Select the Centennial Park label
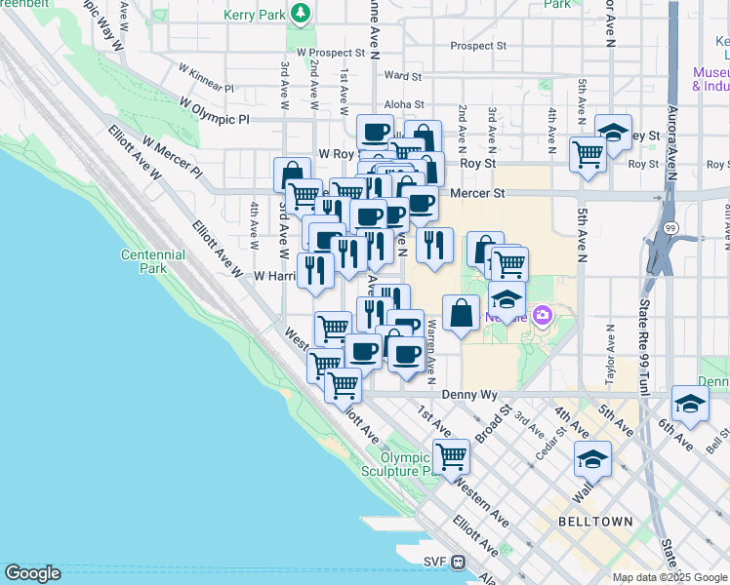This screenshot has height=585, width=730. (152, 261)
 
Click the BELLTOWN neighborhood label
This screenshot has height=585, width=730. (595, 522)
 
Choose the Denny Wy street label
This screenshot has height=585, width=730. (469, 395)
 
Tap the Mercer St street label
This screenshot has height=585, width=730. (477, 194)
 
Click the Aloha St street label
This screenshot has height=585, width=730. (404, 104)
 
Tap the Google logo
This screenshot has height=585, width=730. (32, 573)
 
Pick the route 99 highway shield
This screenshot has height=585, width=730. (671, 226)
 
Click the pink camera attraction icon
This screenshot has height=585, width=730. (543, 315)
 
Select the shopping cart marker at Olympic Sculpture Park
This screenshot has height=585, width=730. (452, 455)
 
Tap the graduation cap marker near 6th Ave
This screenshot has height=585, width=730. (690, 404)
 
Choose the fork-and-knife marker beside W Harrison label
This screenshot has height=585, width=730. (314, 269)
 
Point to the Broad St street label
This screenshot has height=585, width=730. (493, 427)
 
